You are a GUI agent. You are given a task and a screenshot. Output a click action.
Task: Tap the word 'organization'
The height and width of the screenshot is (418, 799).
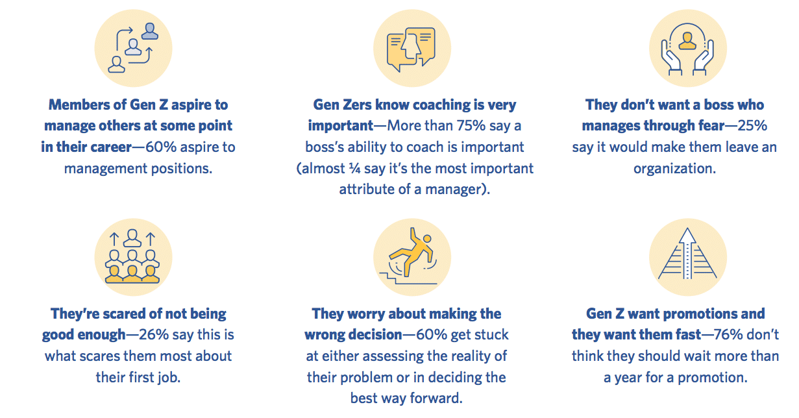(674, 168)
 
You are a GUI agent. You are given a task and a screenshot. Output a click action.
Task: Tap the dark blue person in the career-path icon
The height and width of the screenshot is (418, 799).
(150, 31)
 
